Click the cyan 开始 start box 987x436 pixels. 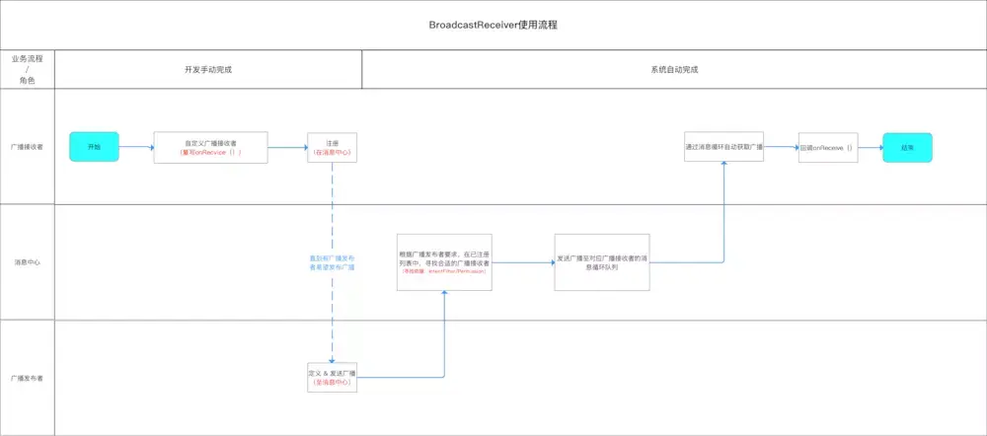94,147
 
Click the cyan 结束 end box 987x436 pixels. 907,147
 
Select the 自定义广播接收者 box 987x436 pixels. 211,147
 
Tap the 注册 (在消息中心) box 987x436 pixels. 332,147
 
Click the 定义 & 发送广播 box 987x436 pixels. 332,378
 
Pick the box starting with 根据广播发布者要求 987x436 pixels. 444,261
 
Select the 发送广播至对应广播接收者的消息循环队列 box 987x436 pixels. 602,261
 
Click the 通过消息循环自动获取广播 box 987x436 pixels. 724,147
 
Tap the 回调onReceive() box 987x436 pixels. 827,147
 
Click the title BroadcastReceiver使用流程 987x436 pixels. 493,23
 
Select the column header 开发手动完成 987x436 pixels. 208,70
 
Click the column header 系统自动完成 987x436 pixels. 674,70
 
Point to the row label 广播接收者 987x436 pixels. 27,147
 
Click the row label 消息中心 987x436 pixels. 27,262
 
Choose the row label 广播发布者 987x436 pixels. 27,378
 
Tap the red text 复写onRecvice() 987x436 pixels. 211,153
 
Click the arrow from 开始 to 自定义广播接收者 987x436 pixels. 136,147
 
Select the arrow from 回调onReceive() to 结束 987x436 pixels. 870,147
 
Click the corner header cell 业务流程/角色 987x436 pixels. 27,70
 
